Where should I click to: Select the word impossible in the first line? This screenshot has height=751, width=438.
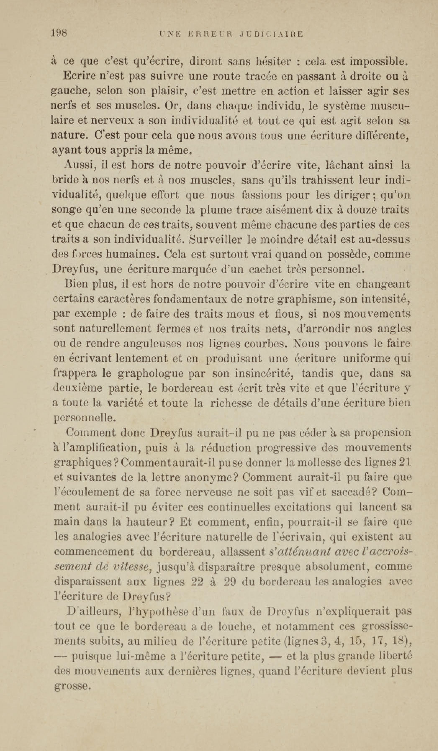[x=378, y=62]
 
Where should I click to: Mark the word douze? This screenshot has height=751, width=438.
[x=359, y=210]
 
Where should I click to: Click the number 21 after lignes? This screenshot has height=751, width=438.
[x=405, y=463]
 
